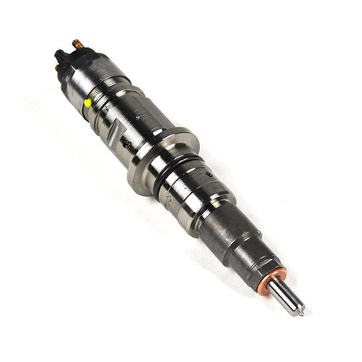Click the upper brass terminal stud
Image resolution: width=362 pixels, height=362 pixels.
coord(77,43)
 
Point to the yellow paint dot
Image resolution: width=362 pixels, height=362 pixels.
coord(88,102)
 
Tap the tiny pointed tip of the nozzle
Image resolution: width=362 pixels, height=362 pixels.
coord(301,312)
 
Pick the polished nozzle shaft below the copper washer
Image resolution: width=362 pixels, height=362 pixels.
coord(286,294)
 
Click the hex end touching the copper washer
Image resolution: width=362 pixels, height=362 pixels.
coord(260,260)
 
